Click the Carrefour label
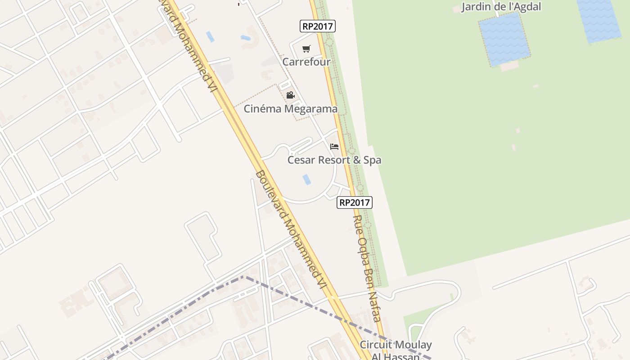pyautogui.click(x=306, y=62)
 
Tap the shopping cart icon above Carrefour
pyautogui.click(x=306, y=49)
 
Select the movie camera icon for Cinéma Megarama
pyautogui.click(x=291, y=95)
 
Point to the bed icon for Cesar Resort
pyautogui.click(x=334, y=147)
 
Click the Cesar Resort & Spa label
pyautogui.click(x=334, y=160)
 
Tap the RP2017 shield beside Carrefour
pyautogui.click(x=318, y=26)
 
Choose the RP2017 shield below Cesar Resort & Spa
pyautogui.click(x=355, y=202)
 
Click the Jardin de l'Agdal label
pyautogui.click(x=501, y=7)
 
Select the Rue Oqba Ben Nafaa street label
pyautogui.click(x=367, y=268)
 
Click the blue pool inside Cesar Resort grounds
pyautogui.click(x=306, y=180)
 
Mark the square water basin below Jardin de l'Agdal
pyautogui.click(x=504, y=39)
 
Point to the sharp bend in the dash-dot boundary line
pyautogui.click(x=244, y=276)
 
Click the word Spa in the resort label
pyautogui.click(x=372, y=160)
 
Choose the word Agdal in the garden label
pyautogui.click(x=526, y=7)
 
